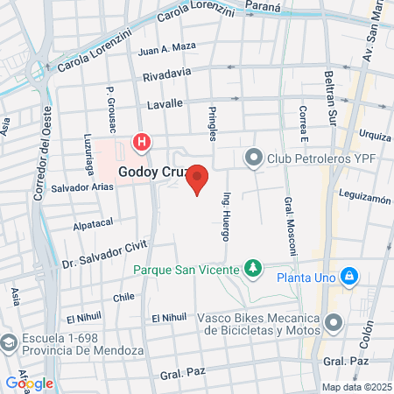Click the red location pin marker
pos(198,178)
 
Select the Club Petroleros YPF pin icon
pos(254,158)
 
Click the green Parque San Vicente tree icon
pos(253,266)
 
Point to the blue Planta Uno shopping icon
pos(349,277)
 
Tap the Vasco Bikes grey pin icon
pos(334,324)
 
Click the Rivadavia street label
pos(165,76)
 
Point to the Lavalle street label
pos(165,103)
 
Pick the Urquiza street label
pos(374,136)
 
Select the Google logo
pos(30,383)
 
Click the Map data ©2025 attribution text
pos(355,387)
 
